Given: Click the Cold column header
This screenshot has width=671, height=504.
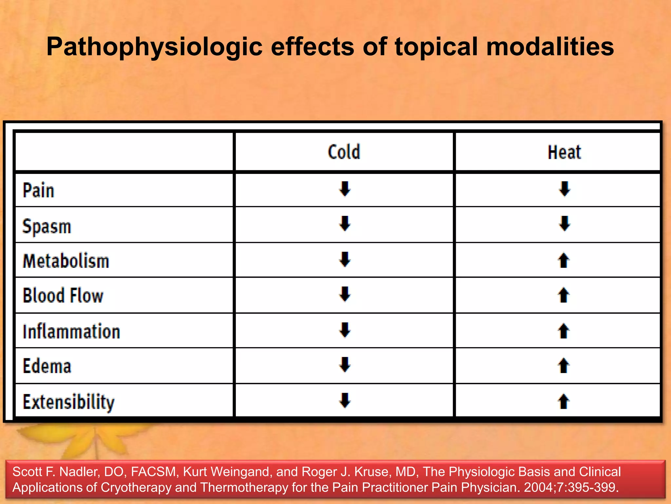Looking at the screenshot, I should [x=344, y=152].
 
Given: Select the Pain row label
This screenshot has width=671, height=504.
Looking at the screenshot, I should [x=38, y=191].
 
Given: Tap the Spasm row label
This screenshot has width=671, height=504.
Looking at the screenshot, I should [x=47, y=227].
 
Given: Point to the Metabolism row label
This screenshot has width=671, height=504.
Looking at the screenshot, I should [x=66, y=262].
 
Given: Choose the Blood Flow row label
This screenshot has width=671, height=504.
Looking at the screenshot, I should [x=63, y=295].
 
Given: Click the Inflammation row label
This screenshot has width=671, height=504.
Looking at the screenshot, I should [x=71, y=331].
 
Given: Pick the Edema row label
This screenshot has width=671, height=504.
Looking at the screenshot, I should [x=47, y=366].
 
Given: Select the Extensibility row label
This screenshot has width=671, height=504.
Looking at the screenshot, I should [x=69, y=402].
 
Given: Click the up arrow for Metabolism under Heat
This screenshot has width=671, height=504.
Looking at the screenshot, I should [x=564, y=261].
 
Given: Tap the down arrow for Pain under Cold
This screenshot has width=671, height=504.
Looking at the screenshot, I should [x=345, y=189].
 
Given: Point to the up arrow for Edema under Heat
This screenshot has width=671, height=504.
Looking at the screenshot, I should [x=564, y=366].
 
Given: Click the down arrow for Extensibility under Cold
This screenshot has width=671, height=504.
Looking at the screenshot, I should [x=345, y=400].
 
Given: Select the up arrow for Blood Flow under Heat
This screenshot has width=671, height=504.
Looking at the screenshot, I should [x=564, y=295].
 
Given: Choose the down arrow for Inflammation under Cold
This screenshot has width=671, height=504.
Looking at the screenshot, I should [x=345, y=330].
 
